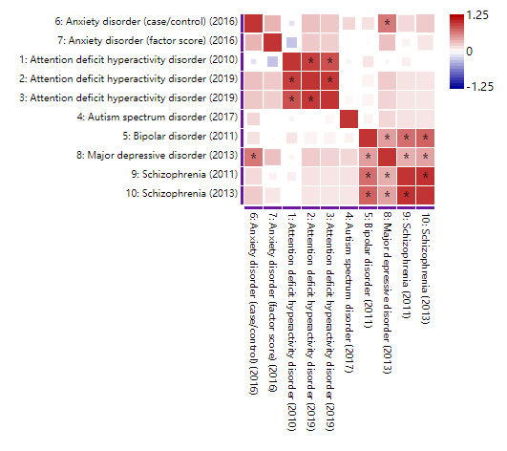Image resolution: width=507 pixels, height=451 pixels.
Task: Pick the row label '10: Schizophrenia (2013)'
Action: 179,195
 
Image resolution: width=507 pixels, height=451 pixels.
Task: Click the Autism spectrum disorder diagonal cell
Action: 349,118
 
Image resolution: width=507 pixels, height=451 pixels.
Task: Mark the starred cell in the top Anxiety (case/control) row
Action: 387,22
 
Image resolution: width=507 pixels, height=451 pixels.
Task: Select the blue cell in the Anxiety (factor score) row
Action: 291,41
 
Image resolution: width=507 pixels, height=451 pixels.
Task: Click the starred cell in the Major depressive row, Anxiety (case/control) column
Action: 253,157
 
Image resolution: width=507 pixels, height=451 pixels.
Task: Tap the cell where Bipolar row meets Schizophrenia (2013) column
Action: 425,138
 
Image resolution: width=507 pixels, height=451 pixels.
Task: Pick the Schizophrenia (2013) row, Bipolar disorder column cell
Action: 368,195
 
